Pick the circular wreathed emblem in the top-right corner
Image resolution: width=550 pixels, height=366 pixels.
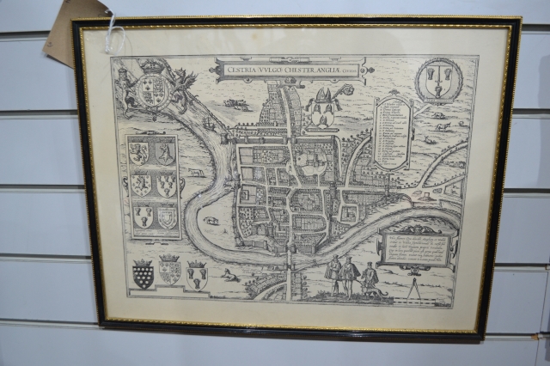click(439, 81)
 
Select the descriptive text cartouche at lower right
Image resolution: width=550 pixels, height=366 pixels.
click(418, 247)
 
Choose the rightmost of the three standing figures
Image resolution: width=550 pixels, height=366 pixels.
click(370, 278)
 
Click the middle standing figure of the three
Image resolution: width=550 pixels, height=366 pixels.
click(349, 275)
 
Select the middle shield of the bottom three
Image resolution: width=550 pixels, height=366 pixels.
click(170, 271)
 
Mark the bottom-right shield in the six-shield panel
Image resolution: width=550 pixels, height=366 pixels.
click(168, 217)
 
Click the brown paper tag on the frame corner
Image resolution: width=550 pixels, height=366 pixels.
click(76, 32)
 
